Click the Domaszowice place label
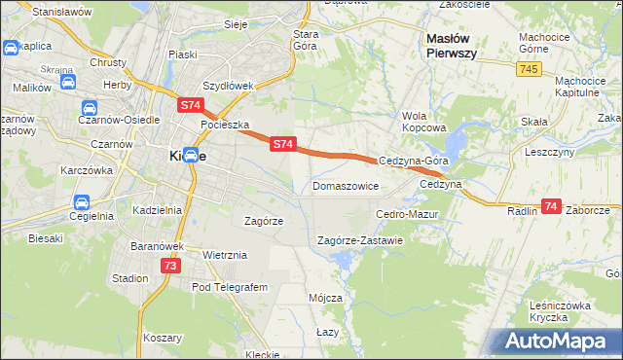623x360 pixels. (x=346, y=185)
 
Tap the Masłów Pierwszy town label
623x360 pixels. (x=451, y=46)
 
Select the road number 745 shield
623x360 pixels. (x=530, y=68)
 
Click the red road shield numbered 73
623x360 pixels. (x=170, y=266)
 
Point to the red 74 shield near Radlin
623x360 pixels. (x=552, y=206)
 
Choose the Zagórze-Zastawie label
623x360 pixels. (x=360, y=240)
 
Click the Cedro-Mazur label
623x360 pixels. (x=408, y=213)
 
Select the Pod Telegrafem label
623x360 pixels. (x=229, y=287)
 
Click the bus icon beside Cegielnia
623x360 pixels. (x=82, y=203)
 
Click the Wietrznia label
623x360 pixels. (x=225, y=255)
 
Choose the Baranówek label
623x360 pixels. (x=157, y=246)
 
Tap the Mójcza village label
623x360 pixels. (x=325, y=298)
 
